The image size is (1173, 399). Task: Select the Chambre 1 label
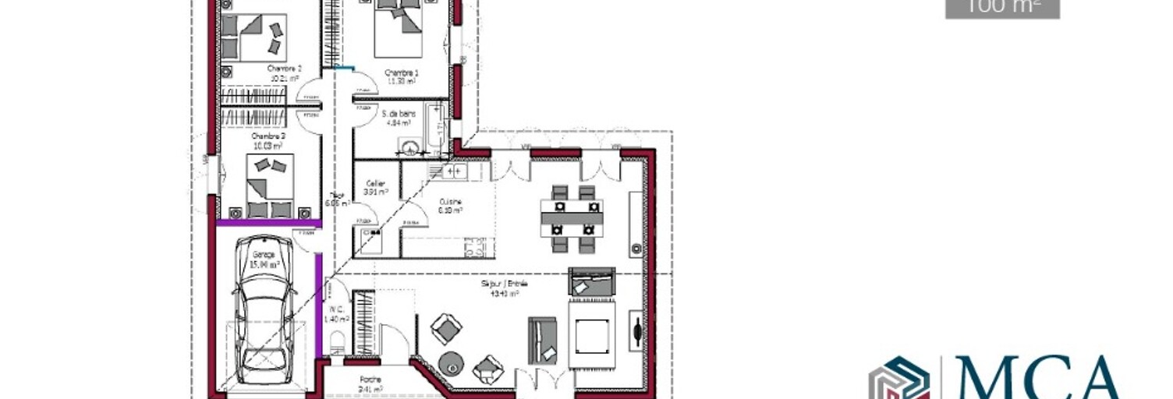pos(401,72)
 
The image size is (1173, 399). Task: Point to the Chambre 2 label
pos(283,69)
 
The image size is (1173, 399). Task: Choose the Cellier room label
pos(376,184)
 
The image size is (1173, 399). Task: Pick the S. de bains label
pos(399,114)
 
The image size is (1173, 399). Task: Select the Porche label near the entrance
pos(370,380)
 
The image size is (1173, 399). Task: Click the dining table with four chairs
pos(572,218)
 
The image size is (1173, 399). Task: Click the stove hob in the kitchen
pos(475,248)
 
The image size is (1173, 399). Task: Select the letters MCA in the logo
pos(1038,377)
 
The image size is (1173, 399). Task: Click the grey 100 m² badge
pos(1002,8)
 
